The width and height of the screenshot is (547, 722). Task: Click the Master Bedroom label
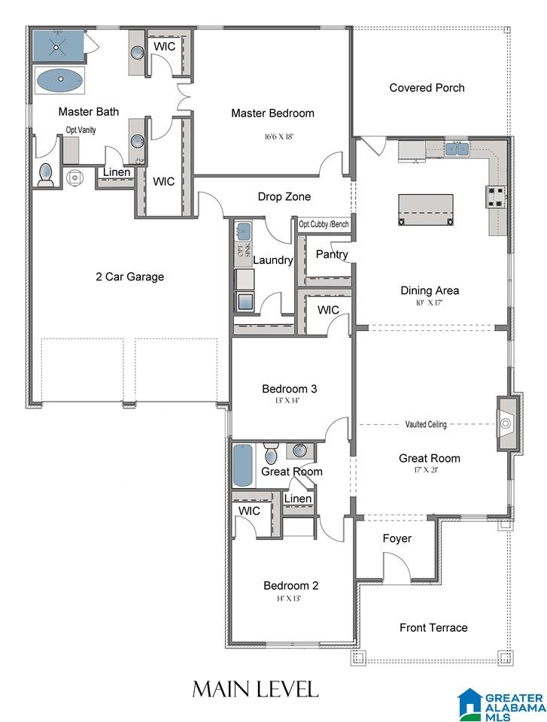click(x=273, y=114)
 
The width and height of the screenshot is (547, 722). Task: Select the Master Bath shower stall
click(x=58, y=46)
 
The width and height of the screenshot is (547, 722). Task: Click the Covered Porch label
click(x=427, y=88)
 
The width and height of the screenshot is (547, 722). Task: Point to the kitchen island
click(x=425, y=210)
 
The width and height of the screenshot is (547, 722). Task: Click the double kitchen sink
click(x=457, y=148)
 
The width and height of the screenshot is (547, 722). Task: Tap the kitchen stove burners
click(x=495, y=196)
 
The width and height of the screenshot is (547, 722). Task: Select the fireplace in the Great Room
click(x=508, y=423)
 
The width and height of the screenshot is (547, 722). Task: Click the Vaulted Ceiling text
click(x=426, y=424)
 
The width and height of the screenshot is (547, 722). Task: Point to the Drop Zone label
click(x=284, y=196)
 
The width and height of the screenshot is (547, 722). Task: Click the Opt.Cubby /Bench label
click(x=324, y=225)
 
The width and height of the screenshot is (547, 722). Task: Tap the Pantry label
click(x=332, y=254)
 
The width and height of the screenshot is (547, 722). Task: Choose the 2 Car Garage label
click(x=130, y=277)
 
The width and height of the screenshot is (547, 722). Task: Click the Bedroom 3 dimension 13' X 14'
click(x=287, y=401)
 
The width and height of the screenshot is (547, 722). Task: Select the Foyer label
click(x=397, y=538)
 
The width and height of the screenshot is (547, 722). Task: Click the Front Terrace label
click(x=433, y=627)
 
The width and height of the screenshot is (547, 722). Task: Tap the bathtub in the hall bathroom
click(x=242, y=466)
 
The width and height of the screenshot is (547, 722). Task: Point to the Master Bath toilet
click(x=46, y=175)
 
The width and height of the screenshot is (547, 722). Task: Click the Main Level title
click(x=255, y=690)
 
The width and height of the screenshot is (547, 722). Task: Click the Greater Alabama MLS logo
click(x=501, y=705)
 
